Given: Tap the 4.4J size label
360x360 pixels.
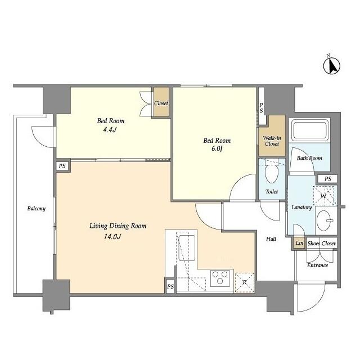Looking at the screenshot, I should [110, 131].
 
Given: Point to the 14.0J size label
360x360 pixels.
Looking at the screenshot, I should [112, 236].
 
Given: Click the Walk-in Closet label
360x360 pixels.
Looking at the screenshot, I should [272, 140].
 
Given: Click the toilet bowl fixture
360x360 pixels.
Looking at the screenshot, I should [272, 174].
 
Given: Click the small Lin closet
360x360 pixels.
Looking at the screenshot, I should [298, 244].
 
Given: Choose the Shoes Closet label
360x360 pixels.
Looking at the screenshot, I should [321, 244].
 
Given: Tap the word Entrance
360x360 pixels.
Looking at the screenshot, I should [317, 265].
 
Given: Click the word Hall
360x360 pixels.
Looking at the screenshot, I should [271, 239].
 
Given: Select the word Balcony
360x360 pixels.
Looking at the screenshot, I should [36, 209].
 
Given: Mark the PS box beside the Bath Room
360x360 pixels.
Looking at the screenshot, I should [327, 179].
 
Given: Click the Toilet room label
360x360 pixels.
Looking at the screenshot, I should [272, 191].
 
